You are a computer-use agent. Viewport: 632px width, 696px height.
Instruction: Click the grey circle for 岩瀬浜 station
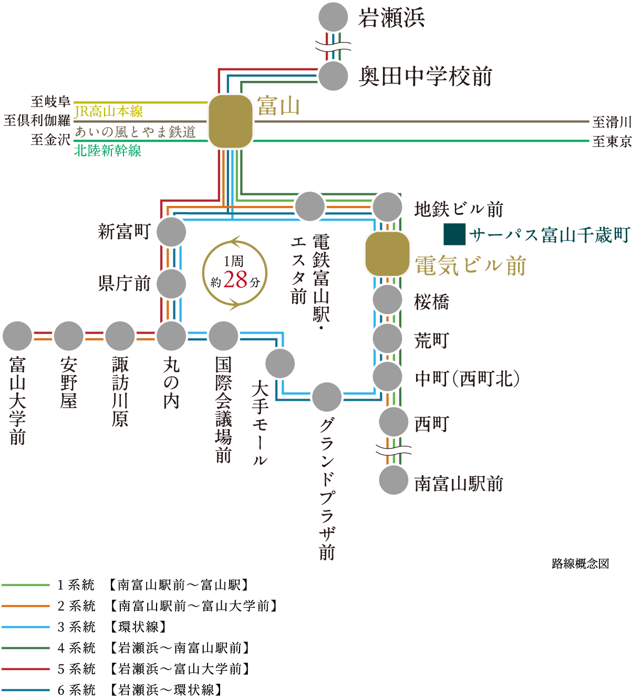333,17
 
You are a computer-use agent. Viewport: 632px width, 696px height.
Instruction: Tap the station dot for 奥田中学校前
333,76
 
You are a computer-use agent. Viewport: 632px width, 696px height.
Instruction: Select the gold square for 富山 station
230,121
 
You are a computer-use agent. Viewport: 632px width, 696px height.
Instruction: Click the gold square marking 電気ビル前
387,254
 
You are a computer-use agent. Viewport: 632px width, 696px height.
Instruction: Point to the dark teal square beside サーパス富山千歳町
454,234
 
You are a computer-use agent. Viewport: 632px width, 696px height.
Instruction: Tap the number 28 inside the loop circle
235,279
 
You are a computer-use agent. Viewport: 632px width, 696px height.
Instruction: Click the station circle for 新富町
171,232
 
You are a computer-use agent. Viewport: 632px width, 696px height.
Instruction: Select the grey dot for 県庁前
171,284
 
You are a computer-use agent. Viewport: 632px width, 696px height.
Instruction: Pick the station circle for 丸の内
171,336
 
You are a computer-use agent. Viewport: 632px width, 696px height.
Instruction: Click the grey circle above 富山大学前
17,336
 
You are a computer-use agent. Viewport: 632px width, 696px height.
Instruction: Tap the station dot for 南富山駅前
393,480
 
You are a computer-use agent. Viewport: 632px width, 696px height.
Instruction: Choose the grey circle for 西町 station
393,422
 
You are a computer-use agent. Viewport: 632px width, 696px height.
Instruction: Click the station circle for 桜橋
387,299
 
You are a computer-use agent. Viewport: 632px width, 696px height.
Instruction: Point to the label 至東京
612,141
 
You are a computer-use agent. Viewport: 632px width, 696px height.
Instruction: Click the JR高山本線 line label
109,111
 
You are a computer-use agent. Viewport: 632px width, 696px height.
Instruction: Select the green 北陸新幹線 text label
108,151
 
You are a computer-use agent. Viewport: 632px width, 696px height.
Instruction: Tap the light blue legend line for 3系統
26,627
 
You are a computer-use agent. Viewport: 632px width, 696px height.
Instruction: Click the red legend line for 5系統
26,669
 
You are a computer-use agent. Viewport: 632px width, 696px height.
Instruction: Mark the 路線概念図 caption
581,564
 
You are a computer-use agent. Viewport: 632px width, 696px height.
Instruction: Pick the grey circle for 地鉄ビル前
387,207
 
